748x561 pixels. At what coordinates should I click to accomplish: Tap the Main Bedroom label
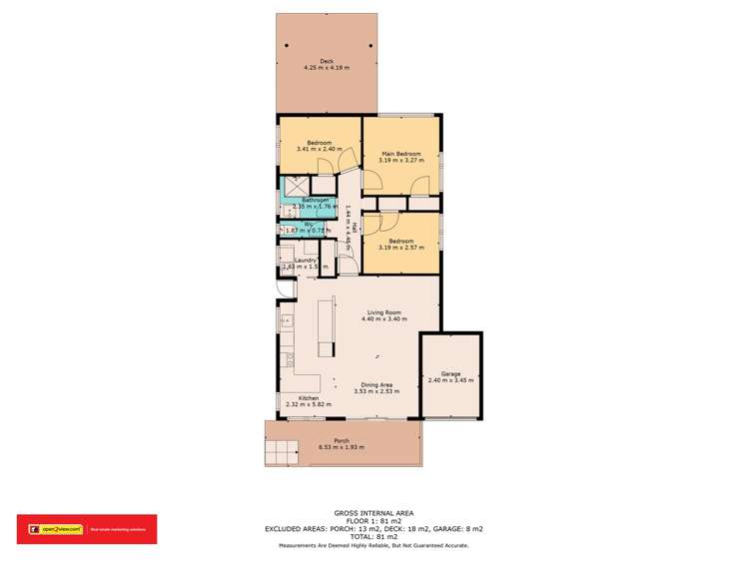[x=399, y=154]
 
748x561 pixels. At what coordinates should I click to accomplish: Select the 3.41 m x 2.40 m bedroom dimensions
[x=320, y=149]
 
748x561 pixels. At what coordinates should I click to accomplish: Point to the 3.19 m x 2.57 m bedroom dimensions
[x=399, y=248]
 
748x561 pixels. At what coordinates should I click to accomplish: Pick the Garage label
[x=450, y=373]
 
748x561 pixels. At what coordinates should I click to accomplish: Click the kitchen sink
[x=285, y=321]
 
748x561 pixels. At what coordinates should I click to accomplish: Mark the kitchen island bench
[x=324, y=325]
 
